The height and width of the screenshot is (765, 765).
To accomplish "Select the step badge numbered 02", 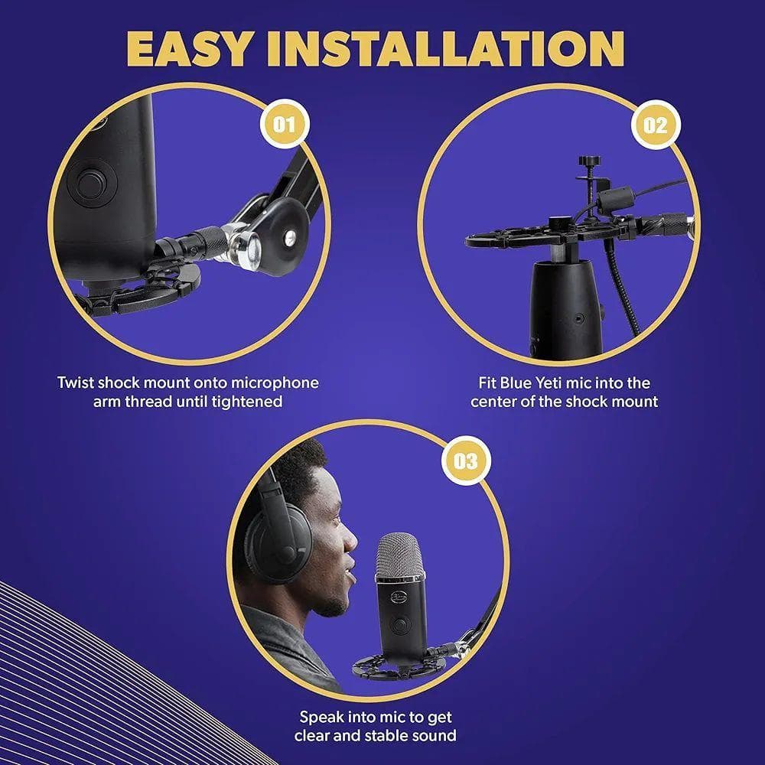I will click(655, 123).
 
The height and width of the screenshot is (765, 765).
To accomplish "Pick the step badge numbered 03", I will click(466, 461).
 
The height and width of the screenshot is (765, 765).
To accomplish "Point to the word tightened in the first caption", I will click(246, 401).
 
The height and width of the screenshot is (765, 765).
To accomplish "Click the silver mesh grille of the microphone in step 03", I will click(399, 558).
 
